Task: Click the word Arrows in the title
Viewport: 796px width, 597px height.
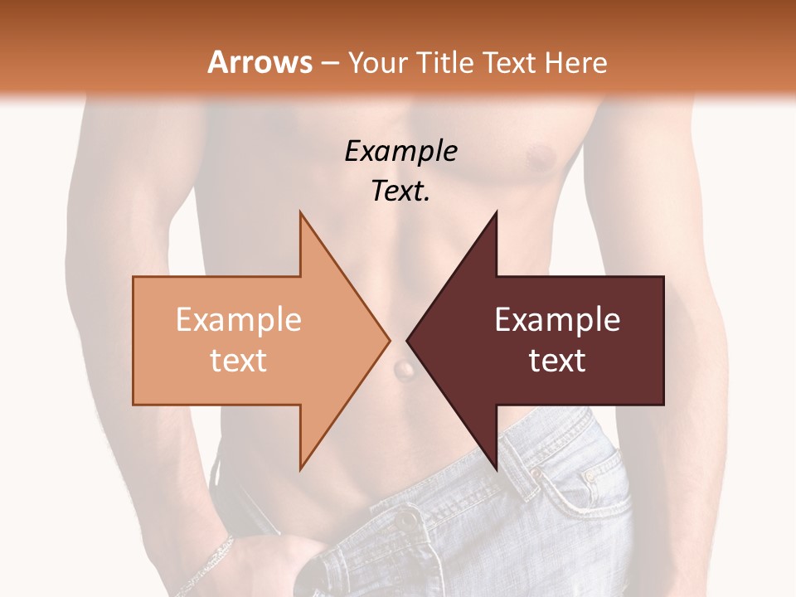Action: (260, 62)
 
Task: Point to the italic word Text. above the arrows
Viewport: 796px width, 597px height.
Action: (400, 191)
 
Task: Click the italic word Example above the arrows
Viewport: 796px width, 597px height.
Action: (400, 151)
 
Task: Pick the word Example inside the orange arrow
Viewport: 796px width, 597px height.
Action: (239, 320)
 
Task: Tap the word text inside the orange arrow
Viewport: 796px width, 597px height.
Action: (239, 361)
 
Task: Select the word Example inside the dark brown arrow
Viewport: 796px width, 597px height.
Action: (557, 320)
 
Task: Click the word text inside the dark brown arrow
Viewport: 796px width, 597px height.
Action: (557, 361)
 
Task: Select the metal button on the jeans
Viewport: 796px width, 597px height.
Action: (406, 521)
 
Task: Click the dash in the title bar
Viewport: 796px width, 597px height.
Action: (330, 63)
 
